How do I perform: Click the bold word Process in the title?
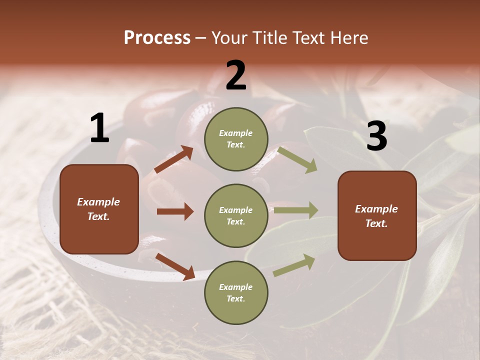(x=157, y=38)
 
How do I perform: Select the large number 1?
(x=99, y=128)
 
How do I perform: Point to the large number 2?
(x=236, y=75)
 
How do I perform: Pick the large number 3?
(x=376, y=136)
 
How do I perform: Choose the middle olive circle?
(x=236, y=215)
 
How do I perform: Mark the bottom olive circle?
(x=236, y=292)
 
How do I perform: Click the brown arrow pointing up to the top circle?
(x=173, y=159)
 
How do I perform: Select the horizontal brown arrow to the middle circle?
(x=175, y=211)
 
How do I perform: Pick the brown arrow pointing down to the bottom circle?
(x=175, y=266)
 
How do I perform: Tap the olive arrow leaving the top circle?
(x=297, y=159)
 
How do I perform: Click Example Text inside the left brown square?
(x=98, y=209)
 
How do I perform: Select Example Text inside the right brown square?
(x=376, y=216)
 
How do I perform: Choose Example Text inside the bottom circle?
(x=236, y=293)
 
